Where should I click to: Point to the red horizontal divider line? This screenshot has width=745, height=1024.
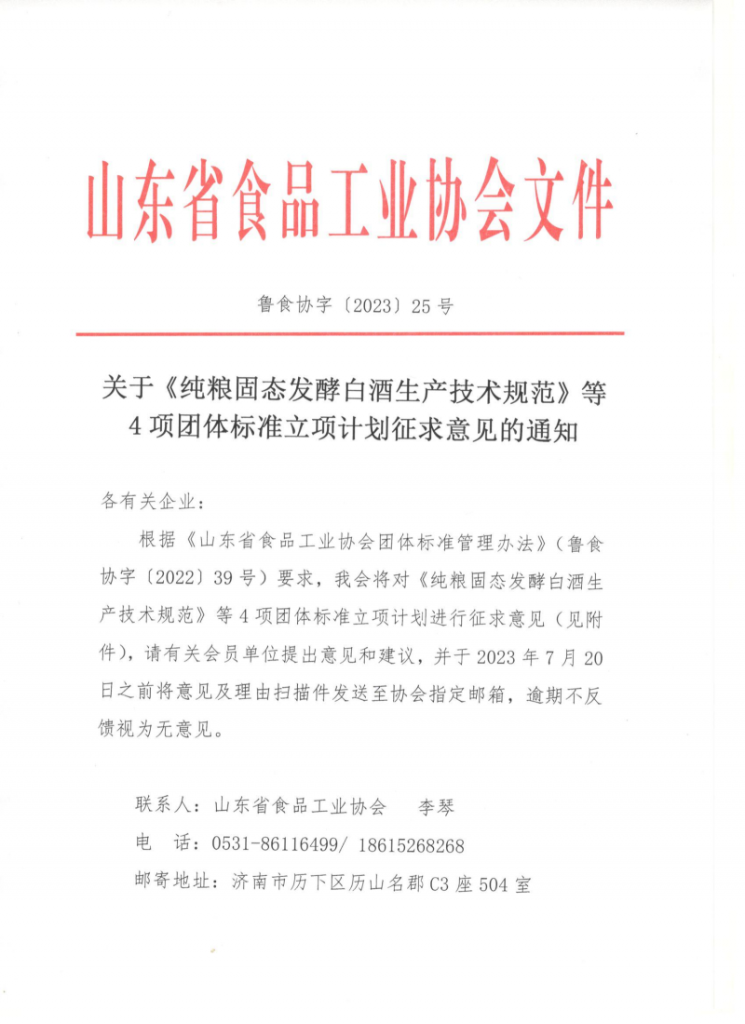pos(349,333)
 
